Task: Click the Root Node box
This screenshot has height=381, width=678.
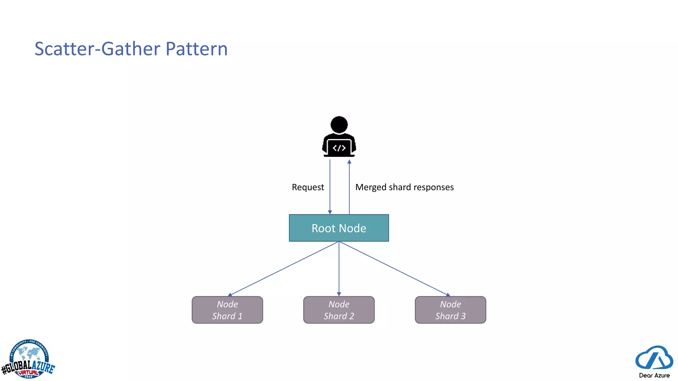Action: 339,228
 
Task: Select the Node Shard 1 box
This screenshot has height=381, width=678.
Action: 227,310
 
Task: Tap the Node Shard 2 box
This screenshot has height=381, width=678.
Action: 339,310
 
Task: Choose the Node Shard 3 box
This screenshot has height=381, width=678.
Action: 450,310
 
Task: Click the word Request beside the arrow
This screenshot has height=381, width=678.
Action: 308,187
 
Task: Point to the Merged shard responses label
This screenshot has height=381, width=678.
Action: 404,187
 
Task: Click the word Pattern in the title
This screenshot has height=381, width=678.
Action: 197,49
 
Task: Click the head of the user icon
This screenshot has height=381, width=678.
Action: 339,125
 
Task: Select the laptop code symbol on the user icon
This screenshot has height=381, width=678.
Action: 339,148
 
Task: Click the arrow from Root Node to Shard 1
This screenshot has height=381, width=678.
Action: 284,268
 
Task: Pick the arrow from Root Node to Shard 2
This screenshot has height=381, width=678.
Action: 339,268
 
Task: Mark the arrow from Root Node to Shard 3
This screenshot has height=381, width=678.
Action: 394,268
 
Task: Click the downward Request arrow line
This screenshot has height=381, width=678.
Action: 330,187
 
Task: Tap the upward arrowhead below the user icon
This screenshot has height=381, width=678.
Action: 349,162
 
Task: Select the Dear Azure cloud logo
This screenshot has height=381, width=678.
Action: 654,358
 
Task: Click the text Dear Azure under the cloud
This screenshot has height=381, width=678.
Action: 654,375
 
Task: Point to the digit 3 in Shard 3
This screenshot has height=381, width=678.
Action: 463,316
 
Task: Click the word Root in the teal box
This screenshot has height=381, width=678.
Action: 323,228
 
